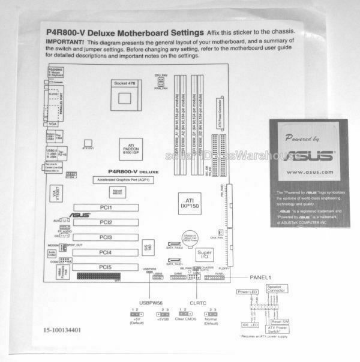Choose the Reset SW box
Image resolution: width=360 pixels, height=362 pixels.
(281, 321)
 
